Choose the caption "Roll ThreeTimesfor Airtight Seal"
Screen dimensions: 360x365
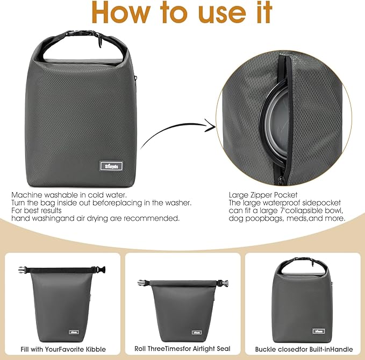tap(182, 349)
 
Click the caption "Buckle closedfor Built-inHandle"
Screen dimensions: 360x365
tap(303, 349)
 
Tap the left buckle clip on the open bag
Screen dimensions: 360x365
tap(22, 269)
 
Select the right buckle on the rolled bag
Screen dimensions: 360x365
tap(222, 283)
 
